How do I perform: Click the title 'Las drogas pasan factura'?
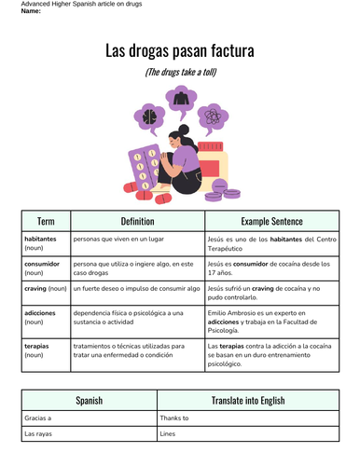point(180,50)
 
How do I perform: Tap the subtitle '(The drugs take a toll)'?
point(180,72)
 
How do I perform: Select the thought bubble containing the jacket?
point(178,97)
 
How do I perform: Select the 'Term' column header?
point(46,222)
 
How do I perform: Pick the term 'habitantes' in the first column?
point(40,240)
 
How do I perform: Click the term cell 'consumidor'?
point(41,264)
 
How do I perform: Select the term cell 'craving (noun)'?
point(45,289)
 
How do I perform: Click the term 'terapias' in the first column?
point(38,346)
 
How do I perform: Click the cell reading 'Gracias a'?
point(38,418)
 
